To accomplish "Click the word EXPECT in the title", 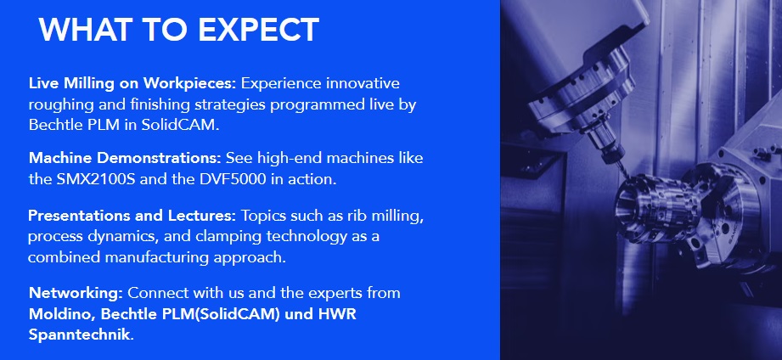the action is (x=258, y=30).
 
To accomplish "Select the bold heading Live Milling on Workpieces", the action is (x=132, y=83).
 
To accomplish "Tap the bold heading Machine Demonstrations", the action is (x=125, y=158).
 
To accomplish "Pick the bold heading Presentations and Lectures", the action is (x=132, y=216).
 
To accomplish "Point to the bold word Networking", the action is (x=76, y=293).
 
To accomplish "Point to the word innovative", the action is (x=363, y=83).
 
